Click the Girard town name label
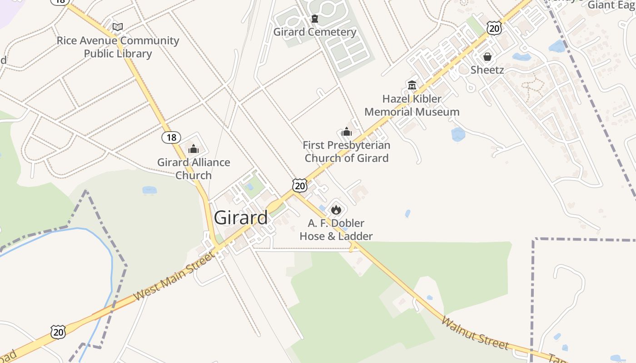click(x=241, y=218)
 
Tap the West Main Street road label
click(x=174, y=276)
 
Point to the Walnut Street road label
click(x=475, y=334)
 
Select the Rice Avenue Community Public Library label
click(x=118, y=47)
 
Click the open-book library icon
click(x=118, y=27)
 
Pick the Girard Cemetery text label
click(x=314, y=32)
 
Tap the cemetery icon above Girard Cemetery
click(x=314, y=19)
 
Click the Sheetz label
click(x=487, y=70)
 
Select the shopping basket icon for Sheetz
click(x=487, y=57)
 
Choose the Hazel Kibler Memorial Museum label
click(x=412, y=105)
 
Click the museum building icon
click(x=412, y=85)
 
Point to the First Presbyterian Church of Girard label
click(x=347, y=152)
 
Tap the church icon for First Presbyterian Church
click(x=347, y=132)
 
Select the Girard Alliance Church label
click(x=194, y=168)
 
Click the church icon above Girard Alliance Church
click(x=194, y=149)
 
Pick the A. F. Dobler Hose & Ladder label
click(x=336, y=230)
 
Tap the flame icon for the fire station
click(x=336, y=209)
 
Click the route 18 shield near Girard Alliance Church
click(x=171, y=137)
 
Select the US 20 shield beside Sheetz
click(x=494, y=29)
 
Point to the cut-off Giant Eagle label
click(x=611, y=5)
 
